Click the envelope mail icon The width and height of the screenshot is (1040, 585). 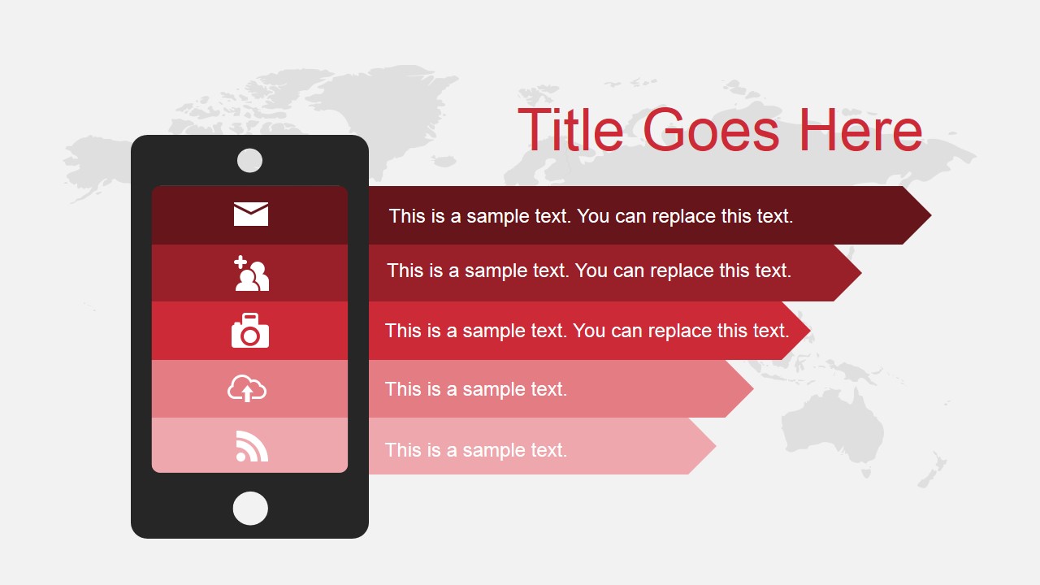pos(250,214)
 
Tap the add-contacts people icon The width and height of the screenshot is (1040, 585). pos(250,273)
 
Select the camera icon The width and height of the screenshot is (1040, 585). pos(250,331)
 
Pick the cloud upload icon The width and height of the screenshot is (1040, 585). pos(247,388)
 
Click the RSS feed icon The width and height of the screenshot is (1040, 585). pos(251,446)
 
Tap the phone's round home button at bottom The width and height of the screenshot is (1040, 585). pos(250,508)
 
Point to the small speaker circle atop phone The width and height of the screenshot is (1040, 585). pos(249,160)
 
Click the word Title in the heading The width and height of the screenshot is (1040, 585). pos(570,130)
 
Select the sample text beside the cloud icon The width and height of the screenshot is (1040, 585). pos(476,389)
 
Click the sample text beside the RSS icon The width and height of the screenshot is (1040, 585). pos(476,449)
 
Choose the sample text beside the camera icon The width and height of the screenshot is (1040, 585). pos(587,331)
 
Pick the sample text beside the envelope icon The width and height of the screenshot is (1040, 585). pos(591,216)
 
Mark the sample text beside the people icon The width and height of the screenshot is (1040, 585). pos(589,271)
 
